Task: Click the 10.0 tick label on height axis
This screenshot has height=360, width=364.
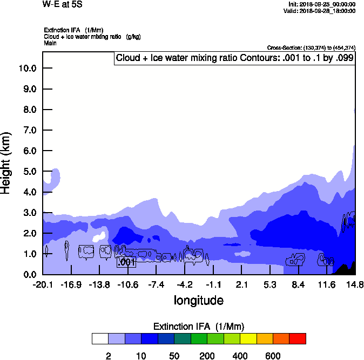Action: tap(27, 68)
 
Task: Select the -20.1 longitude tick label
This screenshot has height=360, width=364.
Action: tap(42, 284)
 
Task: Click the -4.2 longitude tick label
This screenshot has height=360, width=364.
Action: tap(184, 284)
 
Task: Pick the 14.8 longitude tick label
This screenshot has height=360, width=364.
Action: tap(354, 284)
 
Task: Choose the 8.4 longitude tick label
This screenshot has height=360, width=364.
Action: tap(299, 284)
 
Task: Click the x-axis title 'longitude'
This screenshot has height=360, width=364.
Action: tap(198, 300)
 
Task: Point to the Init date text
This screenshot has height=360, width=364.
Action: tap(322, 4)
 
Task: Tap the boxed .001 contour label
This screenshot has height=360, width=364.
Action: tap(126, 262)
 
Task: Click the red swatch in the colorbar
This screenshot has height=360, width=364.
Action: tap(297, 338)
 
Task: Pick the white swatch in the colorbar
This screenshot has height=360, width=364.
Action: tap(100, 338)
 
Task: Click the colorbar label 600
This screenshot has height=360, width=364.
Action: tap(273, 356)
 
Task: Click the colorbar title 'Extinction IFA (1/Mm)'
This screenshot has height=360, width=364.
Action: tap(198, 327)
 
